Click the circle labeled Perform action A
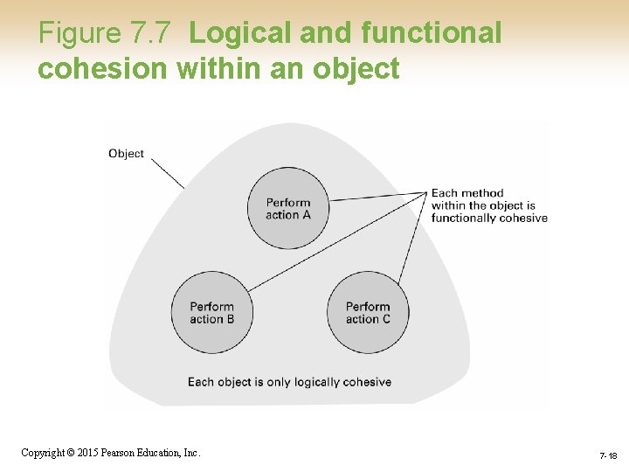coord(287,208)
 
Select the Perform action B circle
coord(211,312)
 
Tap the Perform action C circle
coord(368,312)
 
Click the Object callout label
coord(126,154)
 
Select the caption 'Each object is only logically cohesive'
coord(289,382)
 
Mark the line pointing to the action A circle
coord(380,197)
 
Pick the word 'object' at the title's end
coord(356,67)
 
